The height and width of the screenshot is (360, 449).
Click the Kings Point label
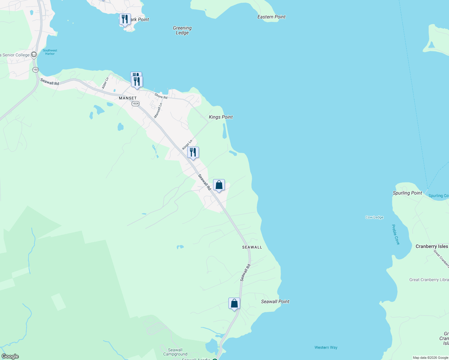pos(221,117)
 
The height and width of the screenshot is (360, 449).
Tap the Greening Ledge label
pos(182,30)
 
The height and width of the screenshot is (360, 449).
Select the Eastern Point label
pos(271,17)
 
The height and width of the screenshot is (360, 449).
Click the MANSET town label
pos(128,98)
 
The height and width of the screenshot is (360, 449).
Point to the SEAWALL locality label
pos(252,247)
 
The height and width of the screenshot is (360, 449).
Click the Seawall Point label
pos(275,301)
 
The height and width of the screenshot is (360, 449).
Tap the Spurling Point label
pos(407,193)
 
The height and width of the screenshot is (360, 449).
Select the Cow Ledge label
pos(374,217)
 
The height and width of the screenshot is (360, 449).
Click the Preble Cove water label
pos(396,235)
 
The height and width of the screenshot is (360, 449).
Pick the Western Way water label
pos(326,347)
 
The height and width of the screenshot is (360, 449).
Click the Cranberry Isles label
pos(432,246)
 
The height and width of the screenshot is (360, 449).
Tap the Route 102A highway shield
pos(135,103)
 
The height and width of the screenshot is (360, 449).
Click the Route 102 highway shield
pos(35,70)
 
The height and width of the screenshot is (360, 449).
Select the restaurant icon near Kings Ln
pos(193,152)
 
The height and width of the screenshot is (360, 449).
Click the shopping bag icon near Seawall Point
pos(234,303)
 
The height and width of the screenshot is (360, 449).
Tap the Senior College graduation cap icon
pos(34,55)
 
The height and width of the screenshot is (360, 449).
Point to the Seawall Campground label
pos(175,352)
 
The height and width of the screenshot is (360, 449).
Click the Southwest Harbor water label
pos(50,52)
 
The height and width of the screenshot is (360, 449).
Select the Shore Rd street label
pos(161,96)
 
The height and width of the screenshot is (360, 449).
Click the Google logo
pos(10,356)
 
